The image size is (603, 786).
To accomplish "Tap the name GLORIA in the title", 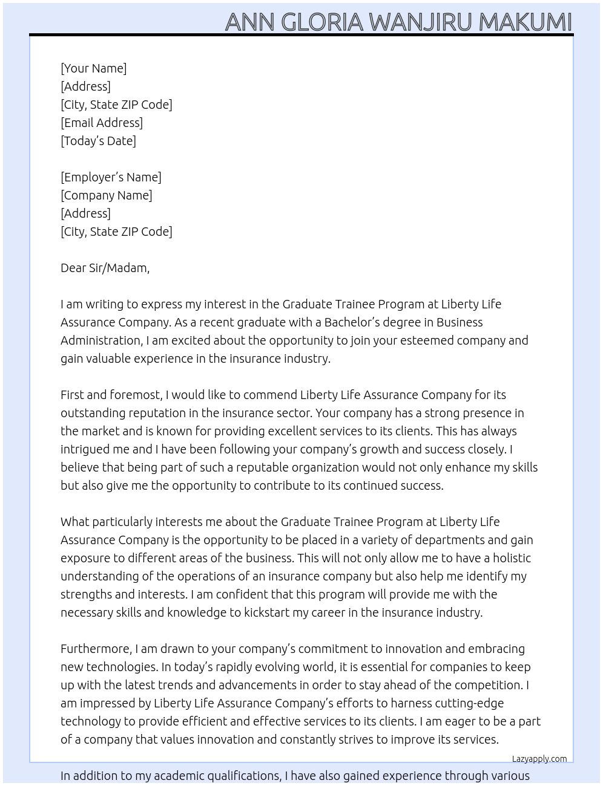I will tap(321, 22).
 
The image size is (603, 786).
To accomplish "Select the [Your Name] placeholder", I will tap(93, 68).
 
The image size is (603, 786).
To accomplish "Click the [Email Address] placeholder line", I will tap(102, 123).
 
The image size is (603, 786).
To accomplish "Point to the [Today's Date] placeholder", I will tap(98, 141).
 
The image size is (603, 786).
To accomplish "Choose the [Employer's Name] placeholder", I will tap(111, 177).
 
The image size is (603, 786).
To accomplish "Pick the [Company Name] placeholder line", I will tap(106, 195).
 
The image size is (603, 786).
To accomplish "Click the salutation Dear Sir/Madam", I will tap(105, 268).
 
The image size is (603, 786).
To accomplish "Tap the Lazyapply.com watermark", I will tap(539, 759).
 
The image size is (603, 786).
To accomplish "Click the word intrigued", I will tap(85, 449).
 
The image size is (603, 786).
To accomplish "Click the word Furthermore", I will tap(96, 649).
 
